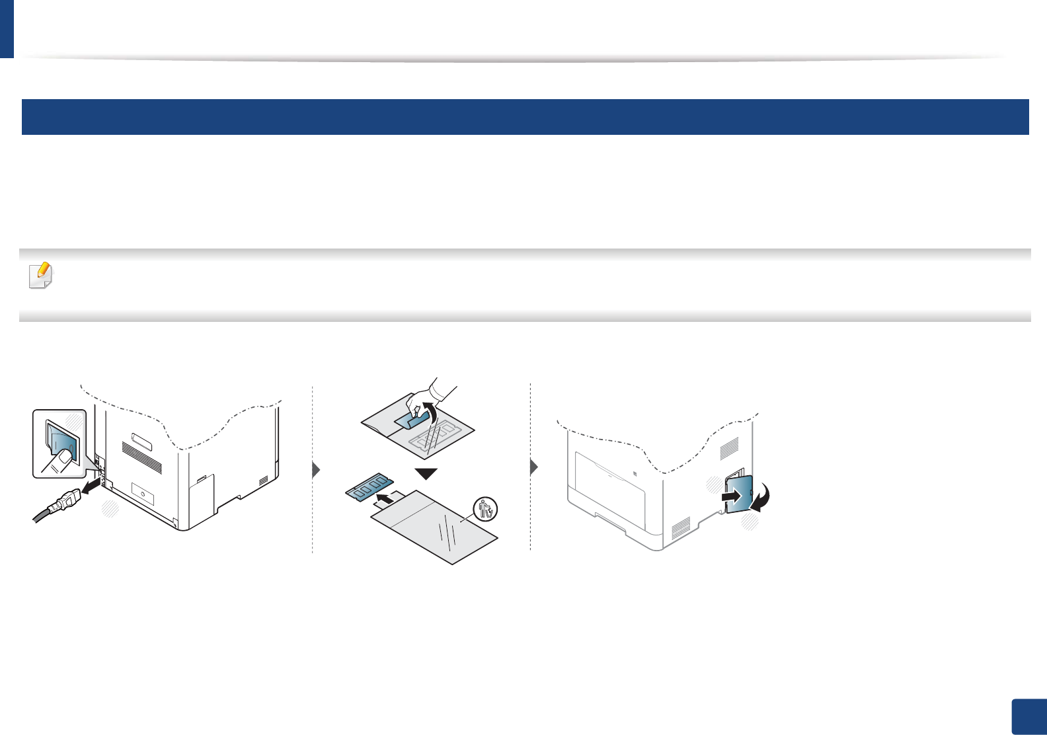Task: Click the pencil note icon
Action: (41, 275)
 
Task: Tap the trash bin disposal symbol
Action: (486, 508)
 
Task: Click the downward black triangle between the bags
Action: (427, 473)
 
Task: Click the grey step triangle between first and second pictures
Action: (316, 469)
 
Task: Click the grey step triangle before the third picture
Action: (534, 467)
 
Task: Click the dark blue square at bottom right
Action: (1028, 716)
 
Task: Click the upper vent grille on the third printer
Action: (728, 448)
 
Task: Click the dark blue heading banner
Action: (525, 117)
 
